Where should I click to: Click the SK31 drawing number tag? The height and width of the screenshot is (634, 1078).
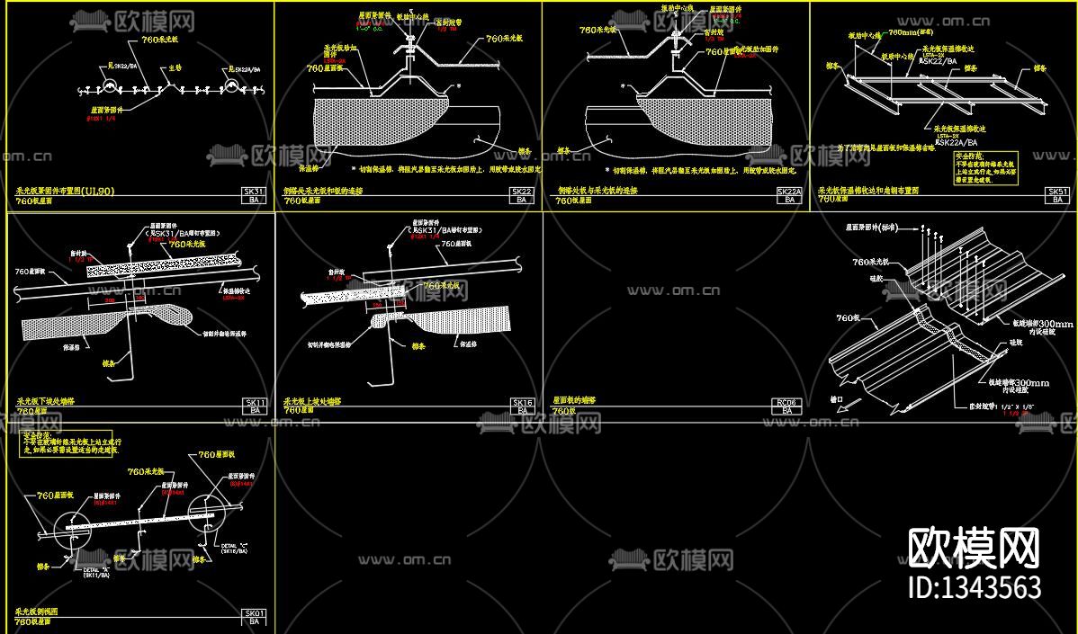(255, 192)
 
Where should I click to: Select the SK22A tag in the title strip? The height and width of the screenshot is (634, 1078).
(789, 192)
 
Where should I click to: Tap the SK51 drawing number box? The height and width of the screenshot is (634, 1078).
(1057, 192)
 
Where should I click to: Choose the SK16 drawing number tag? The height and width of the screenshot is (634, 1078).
(523, 402)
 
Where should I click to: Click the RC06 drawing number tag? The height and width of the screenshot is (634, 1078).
(789, 402)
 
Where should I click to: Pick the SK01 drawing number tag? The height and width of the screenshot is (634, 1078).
(255, 612)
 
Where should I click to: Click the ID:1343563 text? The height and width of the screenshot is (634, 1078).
(975, 587)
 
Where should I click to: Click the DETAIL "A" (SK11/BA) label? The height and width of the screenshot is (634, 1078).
(96, 572)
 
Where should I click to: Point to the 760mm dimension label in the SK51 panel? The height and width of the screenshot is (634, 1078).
(903, 31)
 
